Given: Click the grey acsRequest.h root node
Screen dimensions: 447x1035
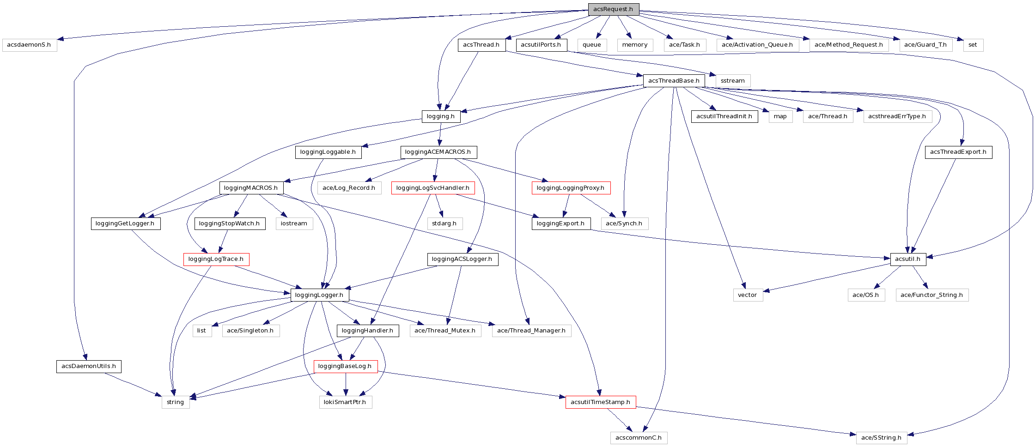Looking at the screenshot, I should click(613, 9).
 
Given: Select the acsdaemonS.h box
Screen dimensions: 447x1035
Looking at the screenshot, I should click(30, 45).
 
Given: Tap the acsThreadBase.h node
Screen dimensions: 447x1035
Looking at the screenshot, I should click(674, 81).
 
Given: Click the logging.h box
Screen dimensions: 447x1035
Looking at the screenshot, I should click(441, 116).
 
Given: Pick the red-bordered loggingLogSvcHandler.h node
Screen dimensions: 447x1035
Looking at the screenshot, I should click(433, 188).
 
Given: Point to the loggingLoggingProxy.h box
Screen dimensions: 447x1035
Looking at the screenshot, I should click(571, 188).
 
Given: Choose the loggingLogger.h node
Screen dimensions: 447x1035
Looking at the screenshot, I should click(319, 295).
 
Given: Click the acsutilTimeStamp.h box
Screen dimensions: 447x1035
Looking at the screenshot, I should click(600, 402).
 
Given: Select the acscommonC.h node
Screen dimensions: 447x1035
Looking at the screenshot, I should click(639, 438).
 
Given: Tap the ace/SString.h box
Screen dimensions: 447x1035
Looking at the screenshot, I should click(881, 438).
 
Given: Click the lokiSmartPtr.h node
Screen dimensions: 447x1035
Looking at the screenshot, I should click(345, 402).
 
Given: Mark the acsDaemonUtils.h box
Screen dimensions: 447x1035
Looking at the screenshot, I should click(89, 367).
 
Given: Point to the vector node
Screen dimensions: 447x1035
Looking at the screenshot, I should click(748, 295).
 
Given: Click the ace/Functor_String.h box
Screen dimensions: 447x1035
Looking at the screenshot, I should click(931, 295).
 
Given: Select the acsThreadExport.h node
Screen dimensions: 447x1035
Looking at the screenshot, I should click(958, 152).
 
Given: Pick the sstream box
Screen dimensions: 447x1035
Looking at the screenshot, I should click(733, 81).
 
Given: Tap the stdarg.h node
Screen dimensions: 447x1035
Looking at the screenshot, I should click(444, 223).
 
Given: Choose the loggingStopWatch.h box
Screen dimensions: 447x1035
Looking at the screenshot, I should click(230, 223).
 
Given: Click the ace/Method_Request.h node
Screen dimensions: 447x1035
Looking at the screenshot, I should click(849, 45).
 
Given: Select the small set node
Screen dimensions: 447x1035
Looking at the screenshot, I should click(973, 45).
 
